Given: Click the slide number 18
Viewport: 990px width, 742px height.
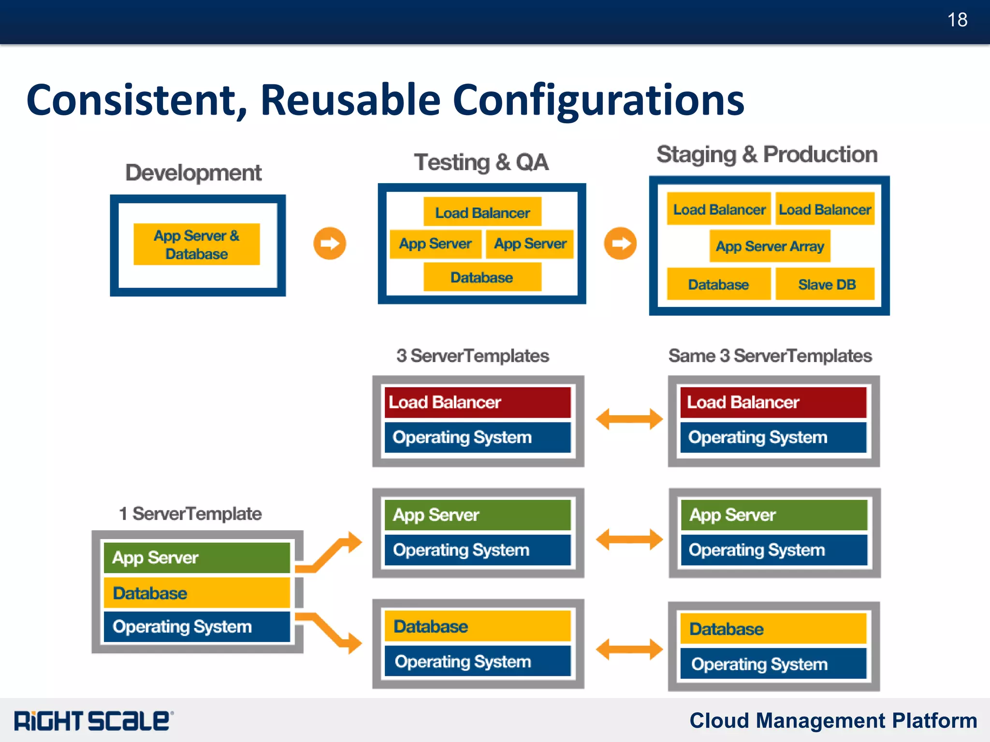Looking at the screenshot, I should pos(957,20).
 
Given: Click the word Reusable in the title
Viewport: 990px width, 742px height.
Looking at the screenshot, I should pos(350,101).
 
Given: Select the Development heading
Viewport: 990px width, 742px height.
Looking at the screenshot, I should pos(193,173).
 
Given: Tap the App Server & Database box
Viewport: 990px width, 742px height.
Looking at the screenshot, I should pos(197,245).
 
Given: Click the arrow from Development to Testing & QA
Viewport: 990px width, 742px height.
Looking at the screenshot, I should pos(330,244).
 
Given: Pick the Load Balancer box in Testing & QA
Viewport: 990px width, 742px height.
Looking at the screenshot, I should pos(482,212).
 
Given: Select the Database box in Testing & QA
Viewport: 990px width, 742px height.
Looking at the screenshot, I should pos(482,277).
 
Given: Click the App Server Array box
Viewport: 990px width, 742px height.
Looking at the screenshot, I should pos(770,247).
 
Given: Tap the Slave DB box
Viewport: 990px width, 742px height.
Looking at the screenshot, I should pos(826,284).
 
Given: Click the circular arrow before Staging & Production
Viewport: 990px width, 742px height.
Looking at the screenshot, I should pos(620,244).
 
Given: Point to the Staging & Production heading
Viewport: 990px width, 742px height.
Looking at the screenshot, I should pos(767,155).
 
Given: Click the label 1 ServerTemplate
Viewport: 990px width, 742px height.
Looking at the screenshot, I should pos(190,513).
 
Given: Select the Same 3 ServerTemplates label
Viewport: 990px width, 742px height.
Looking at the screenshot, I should pos(770,356).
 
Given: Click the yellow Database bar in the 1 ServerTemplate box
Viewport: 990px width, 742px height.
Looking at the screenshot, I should pos(197,593).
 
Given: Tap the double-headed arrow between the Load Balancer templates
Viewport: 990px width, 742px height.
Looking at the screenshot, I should pos(629,419).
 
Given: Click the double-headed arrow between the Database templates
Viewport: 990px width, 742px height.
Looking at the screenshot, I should pos(629,649).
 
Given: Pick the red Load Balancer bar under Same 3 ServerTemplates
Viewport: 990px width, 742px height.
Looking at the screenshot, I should pos(773,402).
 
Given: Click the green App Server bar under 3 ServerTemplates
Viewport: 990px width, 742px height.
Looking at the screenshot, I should pos(478,515).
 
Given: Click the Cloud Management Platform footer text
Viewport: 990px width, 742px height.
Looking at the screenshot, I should pos(833,721).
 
